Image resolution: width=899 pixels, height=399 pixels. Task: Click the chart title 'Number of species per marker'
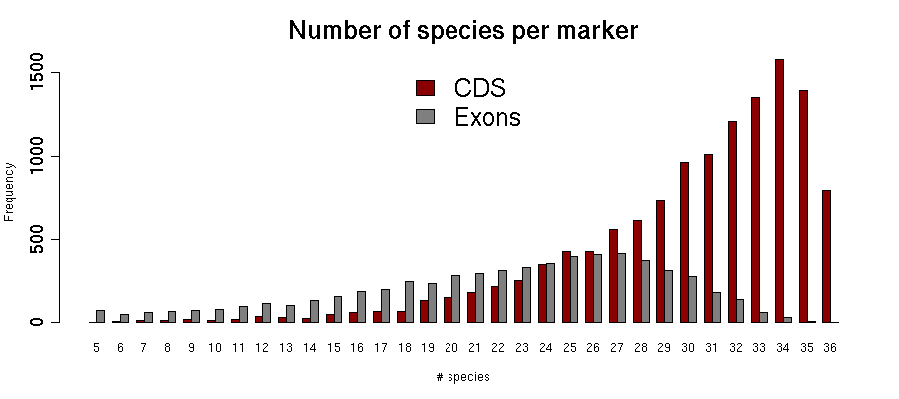462,31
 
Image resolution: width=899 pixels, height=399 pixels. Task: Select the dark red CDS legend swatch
425,87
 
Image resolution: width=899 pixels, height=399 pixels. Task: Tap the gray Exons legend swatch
425,117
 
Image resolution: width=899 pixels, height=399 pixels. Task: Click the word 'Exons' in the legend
487,117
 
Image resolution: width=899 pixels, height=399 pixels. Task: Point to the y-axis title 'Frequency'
9,193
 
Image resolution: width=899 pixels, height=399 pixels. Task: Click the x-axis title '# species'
462,377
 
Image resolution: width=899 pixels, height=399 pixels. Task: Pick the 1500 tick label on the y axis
39,74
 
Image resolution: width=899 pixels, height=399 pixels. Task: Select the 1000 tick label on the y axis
39,157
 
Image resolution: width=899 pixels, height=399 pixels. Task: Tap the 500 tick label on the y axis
39,239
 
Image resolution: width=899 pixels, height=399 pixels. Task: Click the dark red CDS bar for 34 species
779,191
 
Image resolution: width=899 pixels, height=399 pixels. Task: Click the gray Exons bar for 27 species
621,288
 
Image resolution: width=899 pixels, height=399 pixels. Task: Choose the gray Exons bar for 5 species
100,316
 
